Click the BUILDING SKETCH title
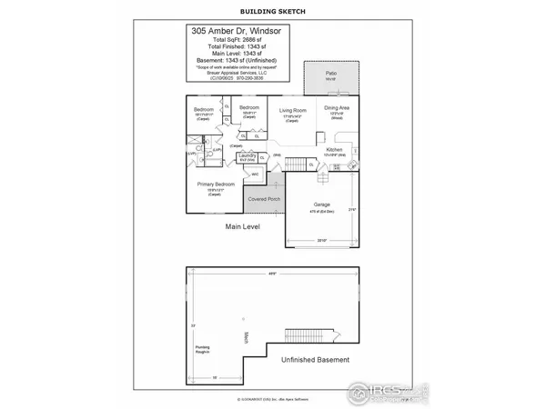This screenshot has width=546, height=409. (x=272, y=11)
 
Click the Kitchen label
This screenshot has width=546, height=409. (x=334, y=148)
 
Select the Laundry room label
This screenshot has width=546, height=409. (x=247, y=156)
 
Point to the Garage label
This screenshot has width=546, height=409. (x=321, y=204)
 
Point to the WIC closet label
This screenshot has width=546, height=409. (x=254, y=174)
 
